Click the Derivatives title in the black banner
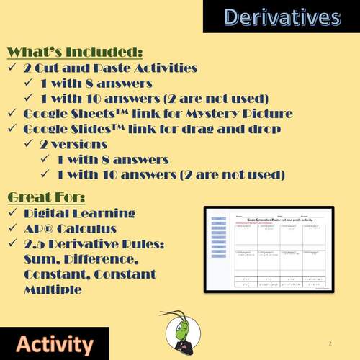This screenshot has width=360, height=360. click(281, 17)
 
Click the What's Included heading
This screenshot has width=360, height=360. click(74, 52)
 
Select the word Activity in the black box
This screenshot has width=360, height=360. click(55, 343)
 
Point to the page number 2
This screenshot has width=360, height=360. click(330, 343)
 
